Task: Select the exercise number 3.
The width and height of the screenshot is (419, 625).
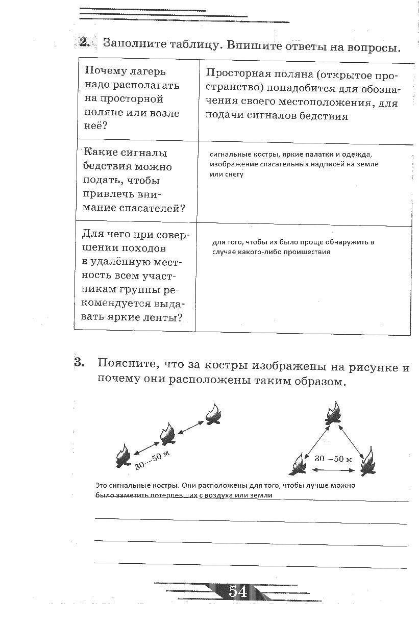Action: [79, 363]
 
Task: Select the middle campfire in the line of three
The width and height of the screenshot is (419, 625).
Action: [167, 434]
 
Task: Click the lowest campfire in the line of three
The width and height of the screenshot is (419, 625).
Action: [123, 455]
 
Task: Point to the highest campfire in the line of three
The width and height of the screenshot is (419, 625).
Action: [213, 414]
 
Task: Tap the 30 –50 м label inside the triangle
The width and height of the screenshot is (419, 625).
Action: [333, 458]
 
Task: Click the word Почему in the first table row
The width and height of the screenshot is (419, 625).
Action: [103, 71]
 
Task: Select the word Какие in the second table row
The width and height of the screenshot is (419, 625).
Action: [100, 153]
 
